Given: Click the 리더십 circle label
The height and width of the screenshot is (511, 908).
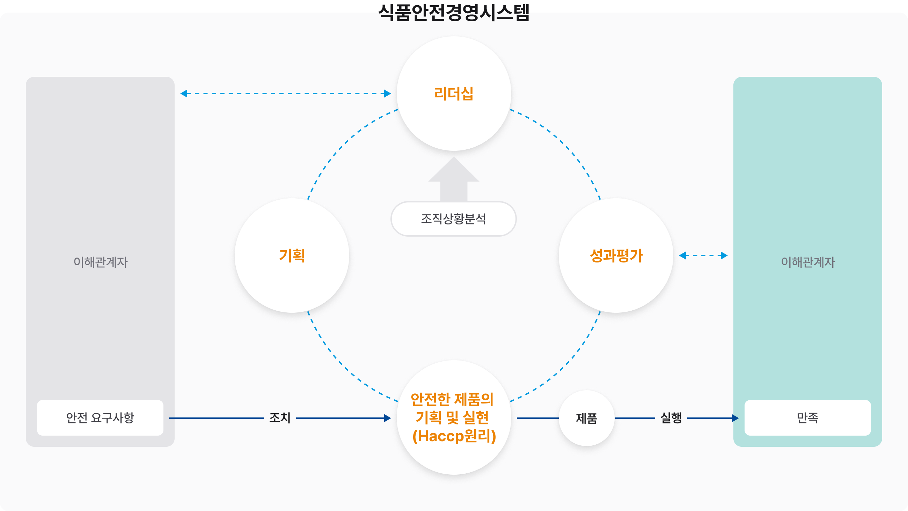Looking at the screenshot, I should point(454,94).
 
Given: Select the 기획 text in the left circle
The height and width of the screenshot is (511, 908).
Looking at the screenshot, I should point(292,256).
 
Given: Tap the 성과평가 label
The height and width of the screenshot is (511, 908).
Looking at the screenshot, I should point(616,256).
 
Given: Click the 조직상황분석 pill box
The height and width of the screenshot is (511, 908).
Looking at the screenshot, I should point(453,219).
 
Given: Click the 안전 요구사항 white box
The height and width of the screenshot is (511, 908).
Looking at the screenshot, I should point(100,417).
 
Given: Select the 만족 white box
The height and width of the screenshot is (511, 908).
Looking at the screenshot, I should point(807,417).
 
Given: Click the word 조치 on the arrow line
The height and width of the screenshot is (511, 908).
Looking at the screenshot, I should point(280,418).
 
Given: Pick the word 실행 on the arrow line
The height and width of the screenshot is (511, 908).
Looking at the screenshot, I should point(671,418).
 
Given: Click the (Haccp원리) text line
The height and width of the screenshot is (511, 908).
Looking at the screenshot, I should point(454,436).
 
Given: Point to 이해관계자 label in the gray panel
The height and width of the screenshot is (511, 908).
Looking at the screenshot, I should point(101,262).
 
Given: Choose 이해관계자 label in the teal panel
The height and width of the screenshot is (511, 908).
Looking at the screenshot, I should point(808,262).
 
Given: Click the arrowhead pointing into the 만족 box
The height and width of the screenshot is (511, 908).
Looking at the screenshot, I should point(735,418).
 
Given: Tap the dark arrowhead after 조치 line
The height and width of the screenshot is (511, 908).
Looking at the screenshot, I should point(388,418).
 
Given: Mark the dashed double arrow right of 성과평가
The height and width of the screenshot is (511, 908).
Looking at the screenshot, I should point(703,256).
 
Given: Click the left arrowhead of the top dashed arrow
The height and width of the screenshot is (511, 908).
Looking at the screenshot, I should point(184,94).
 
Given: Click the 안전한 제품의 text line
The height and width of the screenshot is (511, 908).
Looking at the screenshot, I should point(452,399).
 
